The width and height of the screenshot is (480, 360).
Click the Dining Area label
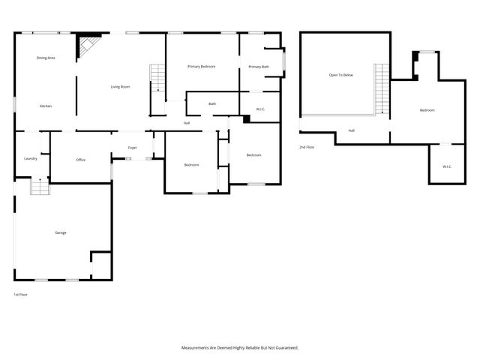point(46,58)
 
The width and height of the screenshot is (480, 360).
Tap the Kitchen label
point(46,106)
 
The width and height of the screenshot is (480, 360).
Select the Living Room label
point(120,87)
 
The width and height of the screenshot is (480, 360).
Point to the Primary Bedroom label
point(201,67)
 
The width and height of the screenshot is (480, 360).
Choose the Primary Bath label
point(258,67)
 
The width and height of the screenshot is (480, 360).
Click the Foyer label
point(132,148)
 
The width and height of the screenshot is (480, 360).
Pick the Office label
point(81,160)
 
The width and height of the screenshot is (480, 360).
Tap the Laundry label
point(31,158)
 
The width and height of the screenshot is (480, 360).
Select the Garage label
point(60,232)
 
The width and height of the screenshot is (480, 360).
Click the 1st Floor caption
point(21,295)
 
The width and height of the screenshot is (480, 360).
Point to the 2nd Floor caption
point(306,147)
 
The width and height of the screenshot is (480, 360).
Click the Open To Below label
point(340,75)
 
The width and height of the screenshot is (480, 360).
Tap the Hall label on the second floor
point(351,130)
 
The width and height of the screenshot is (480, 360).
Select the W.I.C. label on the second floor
point(446,166)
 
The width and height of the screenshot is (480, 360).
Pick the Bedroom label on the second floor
point(427,110)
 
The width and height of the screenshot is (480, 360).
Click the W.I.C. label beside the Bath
point(260,109)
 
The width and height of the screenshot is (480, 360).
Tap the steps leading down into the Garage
point(38,187)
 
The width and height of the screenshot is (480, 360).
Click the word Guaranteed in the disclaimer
point(284,348)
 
